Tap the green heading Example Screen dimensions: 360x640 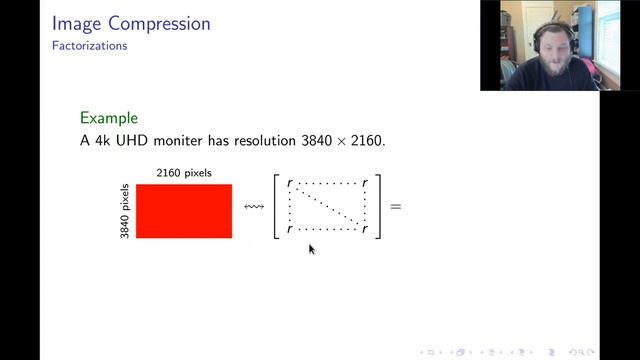pyautogui.click(x=108, y=117)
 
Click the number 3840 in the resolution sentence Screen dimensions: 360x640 pyautogui.click(x=313, y=141)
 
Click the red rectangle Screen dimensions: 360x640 pyautogui.click(x=184, y=211)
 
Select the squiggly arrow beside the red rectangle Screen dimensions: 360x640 pyautogui.click(x=253, y=207)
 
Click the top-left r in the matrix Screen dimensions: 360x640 pyautogui.click(x=289, y=184)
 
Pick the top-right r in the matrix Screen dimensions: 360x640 pyautogui.click(x=365, y=184)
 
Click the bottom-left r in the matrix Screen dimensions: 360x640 pyautogui.click(x=289, y=230)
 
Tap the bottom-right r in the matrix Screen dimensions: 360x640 pyautogui.click(x=365, y=230)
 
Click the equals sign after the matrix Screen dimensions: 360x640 pyautogui.click(x=395, y=207)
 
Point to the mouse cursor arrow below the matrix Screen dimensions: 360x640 pyautogui.click(x=311, y=248)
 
